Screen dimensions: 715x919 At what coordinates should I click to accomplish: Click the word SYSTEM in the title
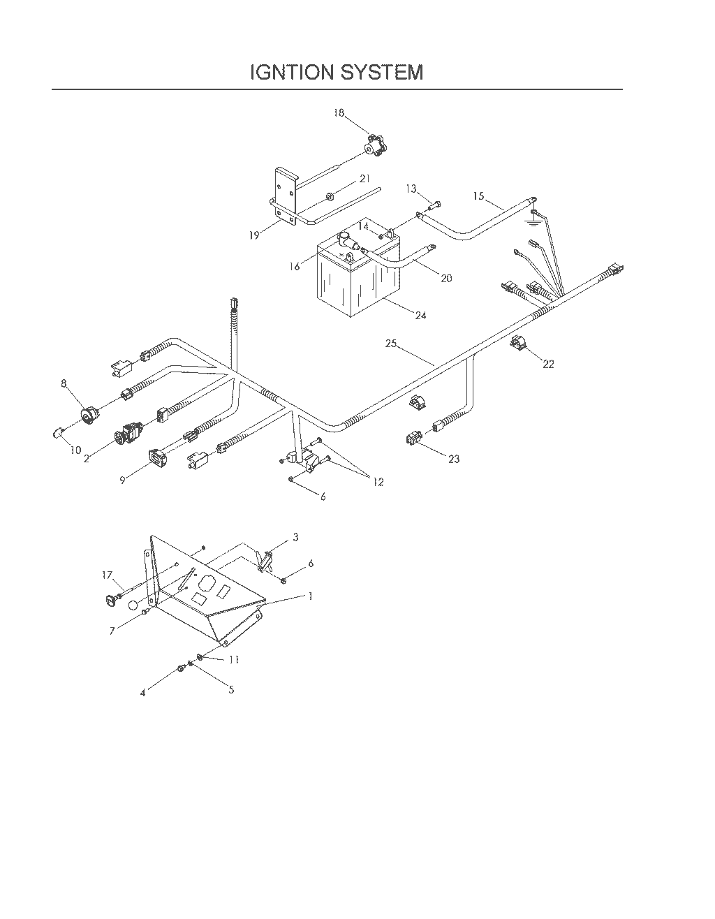pos(381,73)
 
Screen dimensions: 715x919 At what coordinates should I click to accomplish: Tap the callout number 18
pos(339,113)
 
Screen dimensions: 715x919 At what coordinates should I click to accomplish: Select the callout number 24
pos(420,316)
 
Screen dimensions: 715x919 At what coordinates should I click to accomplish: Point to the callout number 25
pos(391,344)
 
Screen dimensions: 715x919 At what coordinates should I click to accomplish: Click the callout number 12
pos(378,482)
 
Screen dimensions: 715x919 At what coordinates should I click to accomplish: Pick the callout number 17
pos(108,575)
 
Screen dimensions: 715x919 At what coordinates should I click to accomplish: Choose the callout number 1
pos(311,596)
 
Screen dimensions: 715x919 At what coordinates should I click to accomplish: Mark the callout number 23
pos(454,459)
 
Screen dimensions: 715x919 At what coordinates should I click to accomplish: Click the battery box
pos(358,277)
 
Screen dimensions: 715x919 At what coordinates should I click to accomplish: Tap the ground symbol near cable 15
pos(534,221)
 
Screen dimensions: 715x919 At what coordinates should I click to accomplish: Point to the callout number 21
pos(365,179)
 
